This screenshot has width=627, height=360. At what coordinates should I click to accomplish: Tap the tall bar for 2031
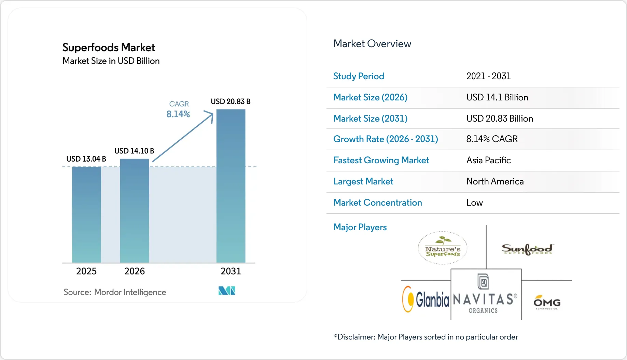pos(231,186)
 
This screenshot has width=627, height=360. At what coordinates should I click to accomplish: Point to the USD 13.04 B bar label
pos(86,159)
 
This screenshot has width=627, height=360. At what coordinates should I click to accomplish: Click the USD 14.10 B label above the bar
pos(134,151)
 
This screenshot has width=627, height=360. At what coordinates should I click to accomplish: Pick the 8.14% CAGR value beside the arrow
pos(178,114)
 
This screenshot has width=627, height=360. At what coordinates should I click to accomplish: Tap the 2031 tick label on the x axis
pos(231,271)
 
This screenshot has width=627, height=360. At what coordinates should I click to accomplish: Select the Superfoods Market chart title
pos(109,47)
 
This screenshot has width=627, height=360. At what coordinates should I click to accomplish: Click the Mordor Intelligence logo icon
pos(227,291)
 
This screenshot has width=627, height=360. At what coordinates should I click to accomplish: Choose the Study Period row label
pos(359,76)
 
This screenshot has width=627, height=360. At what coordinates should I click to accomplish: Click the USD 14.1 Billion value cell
pos(497,97)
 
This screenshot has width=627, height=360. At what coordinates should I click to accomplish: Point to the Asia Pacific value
pos(488,160)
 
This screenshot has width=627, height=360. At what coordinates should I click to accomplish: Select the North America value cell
pos(495,181)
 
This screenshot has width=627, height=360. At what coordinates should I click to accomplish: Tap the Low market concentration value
pos(474,203)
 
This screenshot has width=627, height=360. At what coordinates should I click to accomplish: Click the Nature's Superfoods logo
pos(443,248)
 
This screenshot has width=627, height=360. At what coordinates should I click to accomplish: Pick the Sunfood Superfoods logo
pos(527,249)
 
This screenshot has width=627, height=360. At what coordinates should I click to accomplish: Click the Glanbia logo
pos(426,299)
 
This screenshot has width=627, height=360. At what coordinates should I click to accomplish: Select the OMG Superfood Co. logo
pos(547,302)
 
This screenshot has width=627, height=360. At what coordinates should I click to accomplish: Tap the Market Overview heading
pos(372,44)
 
